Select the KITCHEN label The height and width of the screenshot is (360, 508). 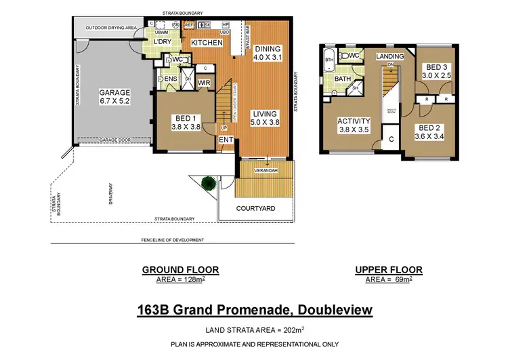(207, 43)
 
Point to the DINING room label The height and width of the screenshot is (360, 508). (267, 49)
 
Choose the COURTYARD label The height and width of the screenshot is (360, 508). (255, 209)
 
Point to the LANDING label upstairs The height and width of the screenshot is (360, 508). (390, 56)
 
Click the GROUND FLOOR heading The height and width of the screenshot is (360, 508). (179, 270)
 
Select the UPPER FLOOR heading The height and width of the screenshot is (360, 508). (389, 270)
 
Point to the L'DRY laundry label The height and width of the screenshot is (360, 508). (163, 43)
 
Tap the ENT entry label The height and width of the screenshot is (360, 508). (225, 140)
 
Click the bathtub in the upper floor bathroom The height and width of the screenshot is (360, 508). (329, 64)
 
